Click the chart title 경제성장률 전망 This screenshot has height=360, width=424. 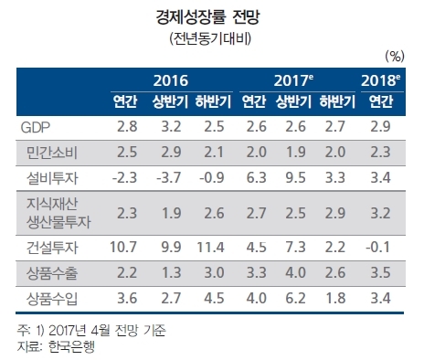click(x=207, y=17)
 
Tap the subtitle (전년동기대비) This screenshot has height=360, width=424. click(x=210, y=38)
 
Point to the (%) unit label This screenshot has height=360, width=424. click(x=395, y=57)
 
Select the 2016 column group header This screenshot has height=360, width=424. click(x=171, y=80)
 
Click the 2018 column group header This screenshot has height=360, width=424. click(x=381, y=80)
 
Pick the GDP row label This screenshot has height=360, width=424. click(x=35, y=127)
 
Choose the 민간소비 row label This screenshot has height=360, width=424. click(x=52, y=153)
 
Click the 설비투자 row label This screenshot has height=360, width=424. click(x=52, y=178)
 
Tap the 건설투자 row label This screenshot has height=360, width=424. click(x=52, y=248)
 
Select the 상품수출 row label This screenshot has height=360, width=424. click(x=52, y=273)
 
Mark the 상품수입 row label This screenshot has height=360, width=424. click(x=52, y=299)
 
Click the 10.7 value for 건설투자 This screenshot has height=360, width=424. click(x=123, y=247)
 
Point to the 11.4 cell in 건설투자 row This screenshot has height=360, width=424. click(x=211, y=247)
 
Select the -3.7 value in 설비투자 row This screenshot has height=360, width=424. click(x=169, y=177)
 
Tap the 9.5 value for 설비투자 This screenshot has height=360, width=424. click(x=295, y=177)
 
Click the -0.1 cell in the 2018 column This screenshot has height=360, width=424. click(x=378, y=247)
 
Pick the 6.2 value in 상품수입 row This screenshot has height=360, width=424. click(x=295, y=298)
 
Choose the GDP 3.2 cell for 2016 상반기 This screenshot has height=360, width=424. click(x=171, y=127)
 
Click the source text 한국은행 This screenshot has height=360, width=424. click(x=71, y=346)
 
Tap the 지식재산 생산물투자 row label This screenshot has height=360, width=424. click(x=58, y=213)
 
